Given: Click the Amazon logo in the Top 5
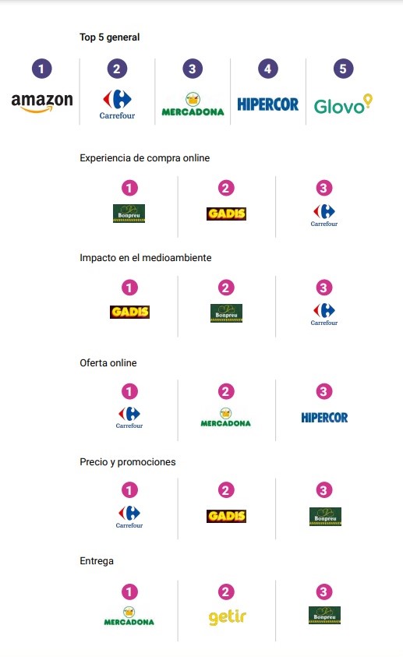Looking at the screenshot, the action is [42, 103].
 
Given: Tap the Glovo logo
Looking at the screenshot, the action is [343, 104].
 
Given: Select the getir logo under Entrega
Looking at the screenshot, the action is [227, 616].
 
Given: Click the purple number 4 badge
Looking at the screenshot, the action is [267, 69].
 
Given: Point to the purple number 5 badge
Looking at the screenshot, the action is [343, 69].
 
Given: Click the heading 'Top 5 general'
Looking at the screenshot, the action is [110, 37].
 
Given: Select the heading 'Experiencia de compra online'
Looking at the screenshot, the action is [144, 158].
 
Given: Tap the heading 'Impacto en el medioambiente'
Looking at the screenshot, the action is [145, 258].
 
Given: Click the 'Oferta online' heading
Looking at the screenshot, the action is [108, 363].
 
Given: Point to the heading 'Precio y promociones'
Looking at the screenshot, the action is [128, 461].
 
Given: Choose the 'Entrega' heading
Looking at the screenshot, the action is [97, 561].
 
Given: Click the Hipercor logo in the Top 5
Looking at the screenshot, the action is [267, 104].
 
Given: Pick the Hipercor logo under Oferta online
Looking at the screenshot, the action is [325, 417].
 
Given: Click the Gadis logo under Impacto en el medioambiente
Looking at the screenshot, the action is [130, 312].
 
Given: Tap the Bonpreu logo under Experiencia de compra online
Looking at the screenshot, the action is [129, 214].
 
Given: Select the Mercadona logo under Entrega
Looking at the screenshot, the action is [129, 616].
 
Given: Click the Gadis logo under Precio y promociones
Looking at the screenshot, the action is [226, 516].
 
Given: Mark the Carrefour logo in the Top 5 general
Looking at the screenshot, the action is [117, 104].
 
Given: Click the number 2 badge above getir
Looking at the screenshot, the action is [226, 592].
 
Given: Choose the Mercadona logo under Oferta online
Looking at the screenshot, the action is [226, 418].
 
